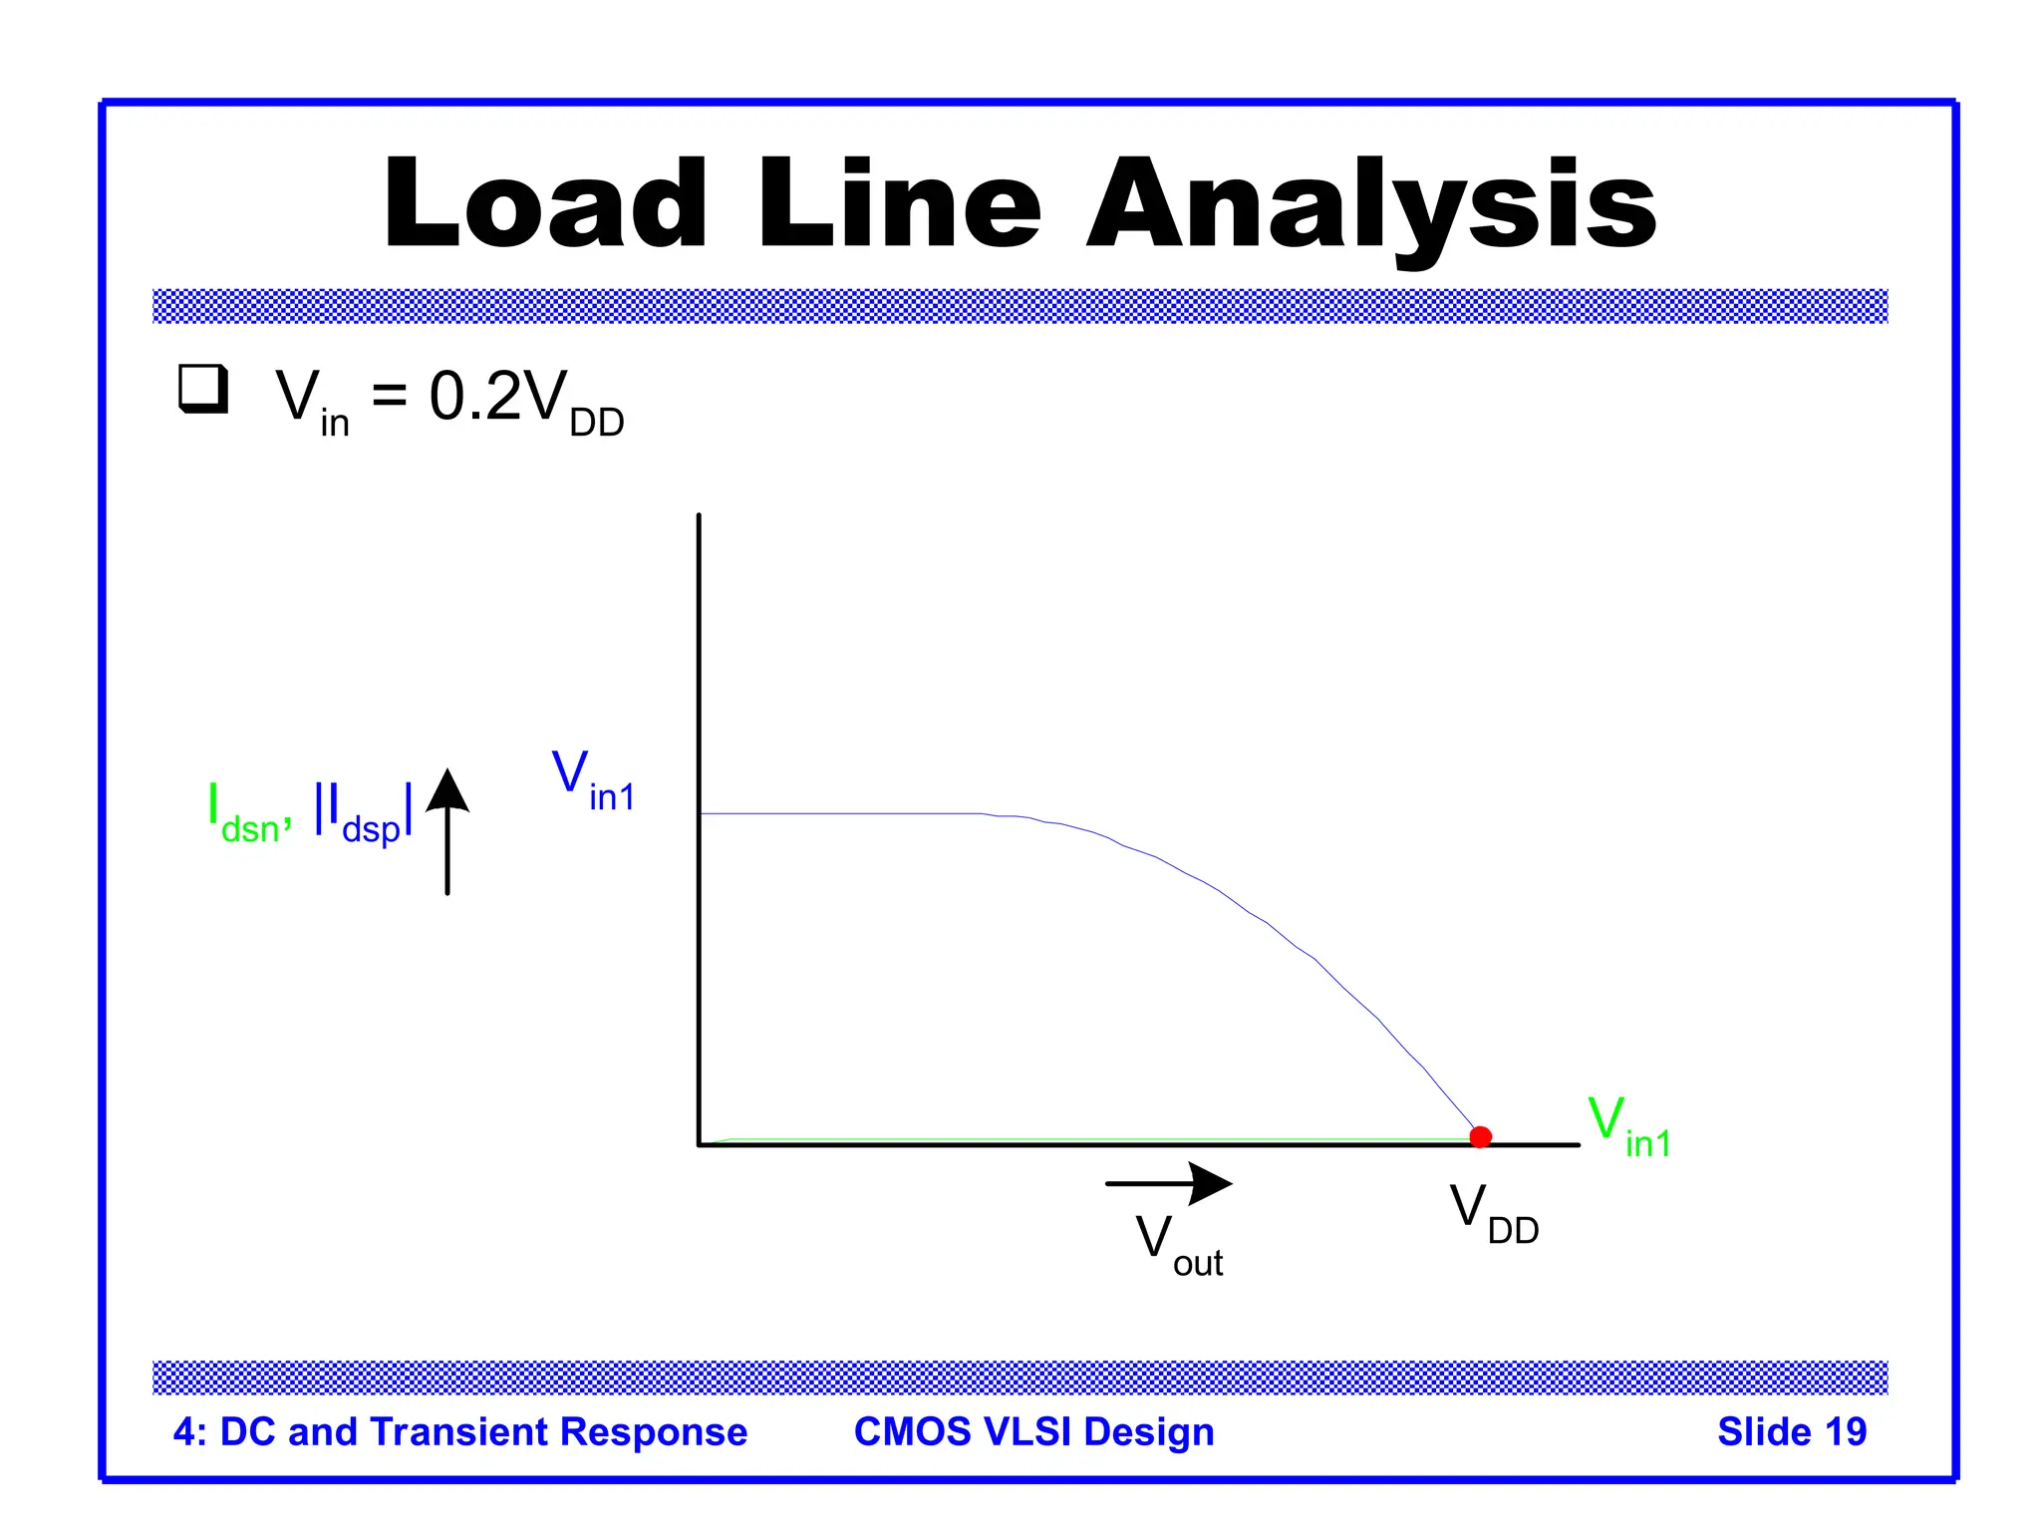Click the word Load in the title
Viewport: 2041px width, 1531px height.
click(x=545, y=204)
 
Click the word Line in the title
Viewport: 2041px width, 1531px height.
click(x=899, y=204)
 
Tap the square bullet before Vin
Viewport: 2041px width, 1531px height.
click(x=203, y=390)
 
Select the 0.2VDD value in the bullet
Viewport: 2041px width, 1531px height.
click(x=525, y=400)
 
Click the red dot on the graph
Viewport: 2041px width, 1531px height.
click(x=1480, y=1136)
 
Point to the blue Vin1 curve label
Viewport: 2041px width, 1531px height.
click(x=593, y=780)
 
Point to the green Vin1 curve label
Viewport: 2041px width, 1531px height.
click(x=1627, y=1126)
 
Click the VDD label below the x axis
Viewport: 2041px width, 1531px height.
click(x=1493, y=1213)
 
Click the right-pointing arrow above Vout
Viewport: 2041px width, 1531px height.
click(x=1169, y=1183)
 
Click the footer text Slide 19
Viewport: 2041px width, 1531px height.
click(x=1791, y=1431)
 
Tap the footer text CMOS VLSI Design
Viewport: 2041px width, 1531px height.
click(x=1033, y=1431)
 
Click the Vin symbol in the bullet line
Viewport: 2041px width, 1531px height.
click(x=311, y=400)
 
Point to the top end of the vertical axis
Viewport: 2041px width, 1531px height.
click(x=699, y=517)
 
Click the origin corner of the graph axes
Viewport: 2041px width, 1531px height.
click(x=700, y=1144)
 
